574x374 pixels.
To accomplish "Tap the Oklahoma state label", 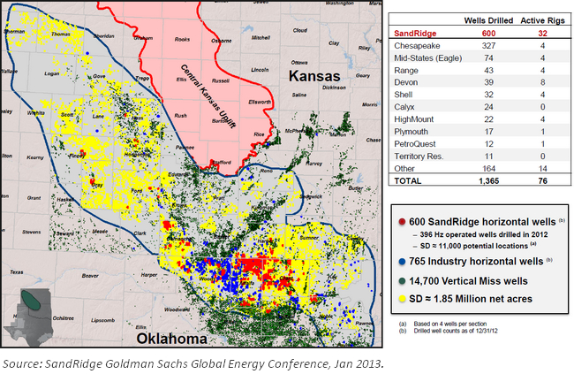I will [168, 339].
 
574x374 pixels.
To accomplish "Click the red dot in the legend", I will [404, 220].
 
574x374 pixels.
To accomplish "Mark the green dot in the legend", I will [404, 281].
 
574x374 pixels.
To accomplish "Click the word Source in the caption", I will [23, 362].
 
